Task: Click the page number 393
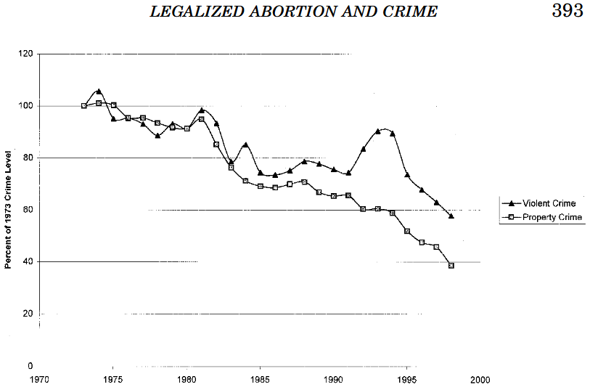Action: pos(567,12)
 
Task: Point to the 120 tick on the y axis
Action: pos(27,54)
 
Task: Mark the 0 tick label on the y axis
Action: pos(31,366)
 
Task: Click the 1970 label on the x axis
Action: pos(39,379)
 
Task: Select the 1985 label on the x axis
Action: pos(261,379)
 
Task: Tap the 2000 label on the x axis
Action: pos(480,379)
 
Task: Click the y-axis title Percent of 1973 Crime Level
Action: pos(9,209)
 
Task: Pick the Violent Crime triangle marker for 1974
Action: pos(99,91)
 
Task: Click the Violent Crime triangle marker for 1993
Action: pos(378,131)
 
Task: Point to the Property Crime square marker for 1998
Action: pos(451,266)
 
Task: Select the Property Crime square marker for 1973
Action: pos(84,106)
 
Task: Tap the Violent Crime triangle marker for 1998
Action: pos(451,216)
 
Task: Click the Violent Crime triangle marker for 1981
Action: pos(202,110)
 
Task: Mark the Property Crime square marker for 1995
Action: pos(407,232)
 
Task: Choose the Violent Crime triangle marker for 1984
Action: pos(246,144)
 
